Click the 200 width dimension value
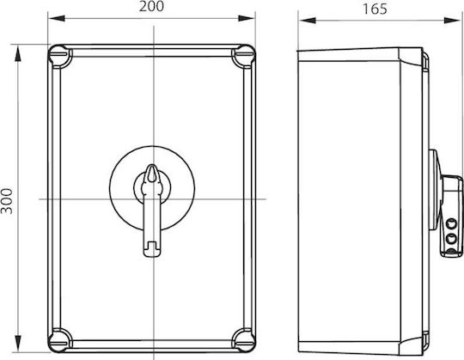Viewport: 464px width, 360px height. (x=151, y=7)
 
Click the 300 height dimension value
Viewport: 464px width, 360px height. (x=7, y=201)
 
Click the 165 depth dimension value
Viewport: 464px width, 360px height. (x=375, y=9)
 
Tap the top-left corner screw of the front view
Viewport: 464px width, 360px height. (x=60, y=56)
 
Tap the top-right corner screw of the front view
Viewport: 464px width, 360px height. (x=243, y=56)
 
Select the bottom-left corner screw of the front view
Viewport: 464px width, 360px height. (x=60, y=340)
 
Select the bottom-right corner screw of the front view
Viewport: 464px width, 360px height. (x=243, y=340)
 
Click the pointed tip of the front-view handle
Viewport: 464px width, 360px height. (x=152, y=166)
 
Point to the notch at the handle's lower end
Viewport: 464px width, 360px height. (x=152, y=245)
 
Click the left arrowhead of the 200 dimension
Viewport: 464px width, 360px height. (x=57, y=18)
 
